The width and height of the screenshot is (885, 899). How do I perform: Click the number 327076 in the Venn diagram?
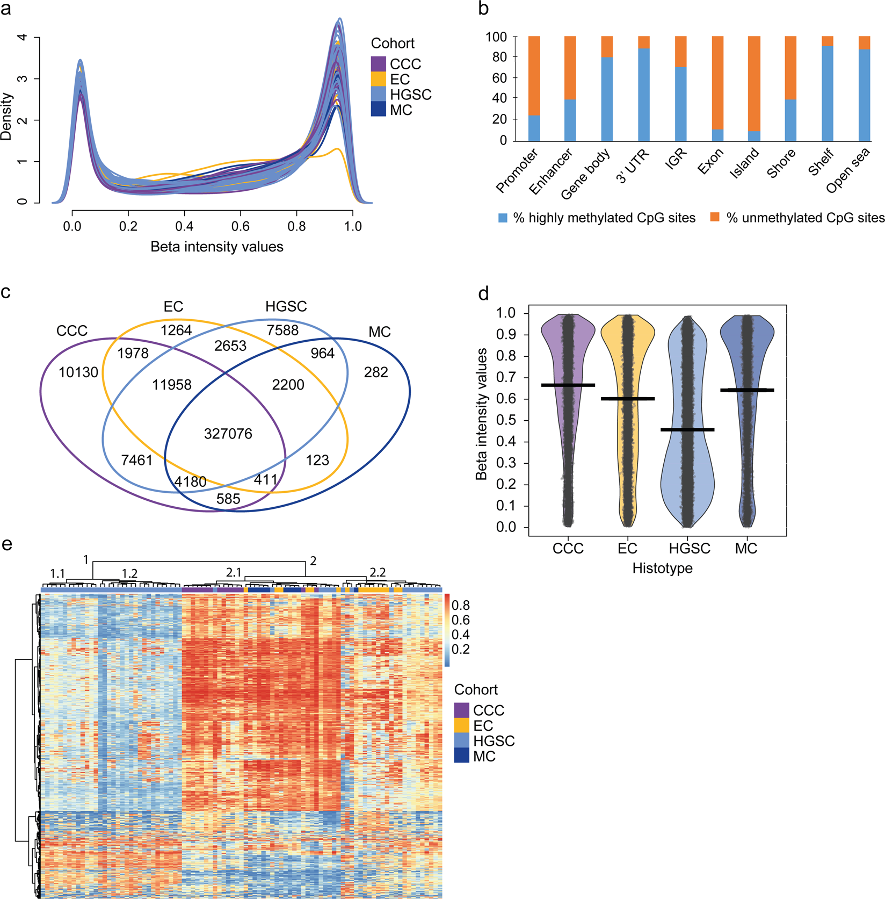(x=228, y=434)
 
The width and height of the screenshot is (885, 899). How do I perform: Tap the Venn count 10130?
(x=78, y=372)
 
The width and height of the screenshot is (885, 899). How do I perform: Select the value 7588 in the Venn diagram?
(x=282, y=330)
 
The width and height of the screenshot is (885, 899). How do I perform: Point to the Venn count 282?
(x=376, y=372)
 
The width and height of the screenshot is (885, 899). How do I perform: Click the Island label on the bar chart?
(x=744, y=163)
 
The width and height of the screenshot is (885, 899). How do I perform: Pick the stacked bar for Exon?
(x=717, y=89)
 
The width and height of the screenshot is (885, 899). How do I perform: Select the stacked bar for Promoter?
(x=534, y=89)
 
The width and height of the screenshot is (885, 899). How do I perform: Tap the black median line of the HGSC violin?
(x=687, y=429)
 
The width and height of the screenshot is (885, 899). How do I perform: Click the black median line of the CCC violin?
(x=568, y=385)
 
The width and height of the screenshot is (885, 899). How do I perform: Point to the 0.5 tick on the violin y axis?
(x=505, y=420)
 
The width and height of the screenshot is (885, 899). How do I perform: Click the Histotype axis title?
(x=662, y=568)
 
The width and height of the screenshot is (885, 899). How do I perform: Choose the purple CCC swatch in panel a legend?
(x=378, y=63)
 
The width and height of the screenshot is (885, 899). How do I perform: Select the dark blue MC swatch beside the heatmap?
(x=461, y=756)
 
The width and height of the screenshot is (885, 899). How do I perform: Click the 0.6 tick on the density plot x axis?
(x=240, y=226)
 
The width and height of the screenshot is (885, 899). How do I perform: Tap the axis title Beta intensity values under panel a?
(x=217, y=247)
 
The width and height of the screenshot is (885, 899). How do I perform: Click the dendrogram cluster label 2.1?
(x=233, y=573)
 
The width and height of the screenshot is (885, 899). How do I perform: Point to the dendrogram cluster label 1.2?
(x=129, y=574)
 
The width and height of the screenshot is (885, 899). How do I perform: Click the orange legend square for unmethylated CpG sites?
(x=714, y=217)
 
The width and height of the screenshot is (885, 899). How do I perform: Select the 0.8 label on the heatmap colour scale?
(x=460, y=606)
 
